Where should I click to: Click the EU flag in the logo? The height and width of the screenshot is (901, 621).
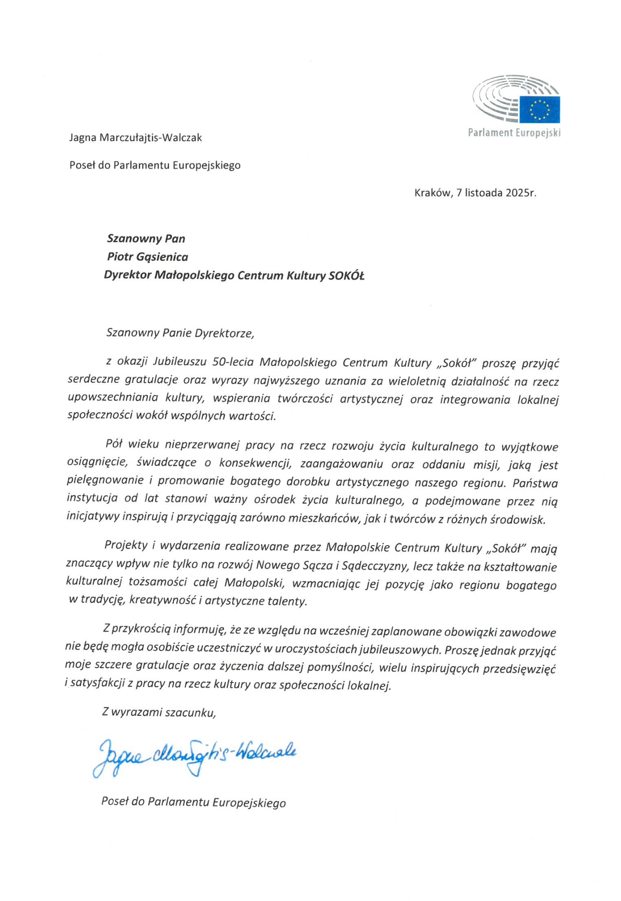(539, 109)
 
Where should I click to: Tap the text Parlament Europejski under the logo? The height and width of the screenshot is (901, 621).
(514, 133)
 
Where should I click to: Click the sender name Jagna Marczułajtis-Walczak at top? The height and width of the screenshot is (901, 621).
(135, 138)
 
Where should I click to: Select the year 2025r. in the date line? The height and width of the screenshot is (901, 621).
(521, 193)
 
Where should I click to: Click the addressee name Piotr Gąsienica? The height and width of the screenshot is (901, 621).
(147, 257)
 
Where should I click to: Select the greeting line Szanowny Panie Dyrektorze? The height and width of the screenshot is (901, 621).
(180, 333)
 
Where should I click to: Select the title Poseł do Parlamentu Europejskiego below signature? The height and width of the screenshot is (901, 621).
(193, 802)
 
